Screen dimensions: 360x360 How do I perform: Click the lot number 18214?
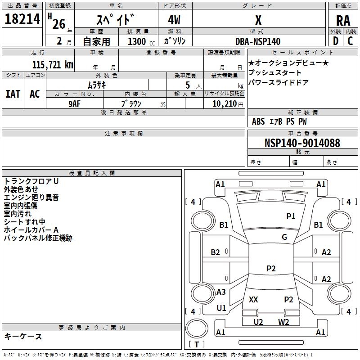pyautogui.click(x=23, y=19)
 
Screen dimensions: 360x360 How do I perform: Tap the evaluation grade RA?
pyautogui.click(x=343, y=21)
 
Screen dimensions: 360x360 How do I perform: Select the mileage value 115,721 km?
pyautogui.click(x=52, y=65)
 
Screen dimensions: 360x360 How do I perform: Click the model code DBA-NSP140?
pyautogui.click(x=258, y=41)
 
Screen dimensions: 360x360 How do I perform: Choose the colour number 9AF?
pyautogui.click(x=75, y=103)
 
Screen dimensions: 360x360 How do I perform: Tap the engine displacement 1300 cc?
pyautogui.click(x=140, y=41)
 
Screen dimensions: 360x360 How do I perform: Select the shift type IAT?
pyautogui.click(x=13, y=94)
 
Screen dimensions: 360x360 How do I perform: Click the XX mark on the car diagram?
pyautogui.click(x=253, y=299)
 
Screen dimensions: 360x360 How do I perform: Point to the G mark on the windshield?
pyautogui.click(x=284, y=237)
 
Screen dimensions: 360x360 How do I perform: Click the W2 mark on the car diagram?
pyautogui.click(x=283, y=322)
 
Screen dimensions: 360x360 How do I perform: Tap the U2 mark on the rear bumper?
pyautogui.click(x=258, y=322)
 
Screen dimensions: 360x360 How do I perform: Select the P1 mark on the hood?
pyautogui.click(x=291, y=216)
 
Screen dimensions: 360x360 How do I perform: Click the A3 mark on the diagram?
pyautogui.click(x=221, y=292)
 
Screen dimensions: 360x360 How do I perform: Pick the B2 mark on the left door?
pyautogui.click(x=216, y=252)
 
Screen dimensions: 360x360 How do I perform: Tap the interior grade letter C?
pyautogui.click(x=350, y=41)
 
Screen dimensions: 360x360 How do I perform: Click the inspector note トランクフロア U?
pyautogui.click(x=31, y=181)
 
